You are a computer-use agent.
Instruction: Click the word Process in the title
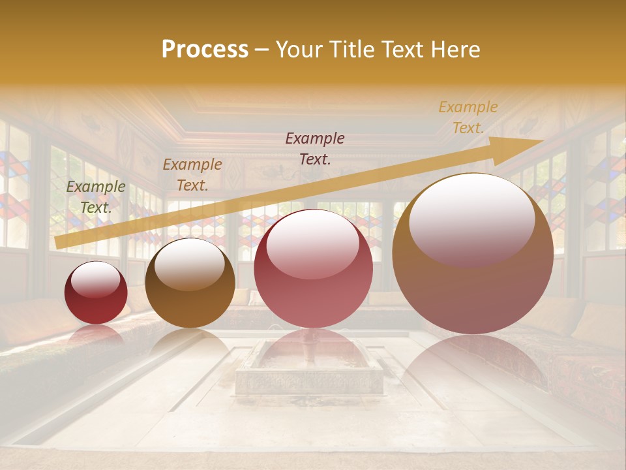[205, 50]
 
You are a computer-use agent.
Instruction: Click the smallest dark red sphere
[96, 293]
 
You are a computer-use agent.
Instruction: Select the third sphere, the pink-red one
[313, 269]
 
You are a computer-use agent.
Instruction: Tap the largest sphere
[473, 254]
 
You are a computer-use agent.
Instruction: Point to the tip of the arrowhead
[543, 140]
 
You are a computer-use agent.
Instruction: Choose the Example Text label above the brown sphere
[192, 175]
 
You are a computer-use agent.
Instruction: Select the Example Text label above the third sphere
[315, 149]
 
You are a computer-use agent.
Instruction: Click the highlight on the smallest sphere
[95, 279]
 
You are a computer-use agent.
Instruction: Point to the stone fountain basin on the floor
[310, 366]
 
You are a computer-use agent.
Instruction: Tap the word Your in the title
[299, 50]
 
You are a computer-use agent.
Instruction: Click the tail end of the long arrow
[57, 243]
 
